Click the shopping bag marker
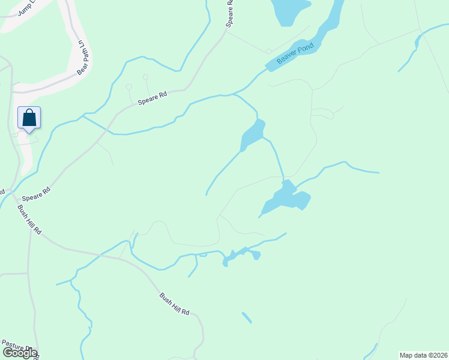coord(29,118)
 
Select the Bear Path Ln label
coord(83,58)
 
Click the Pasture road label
coord(16,347)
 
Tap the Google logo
coord(19,353)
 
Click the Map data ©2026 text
coord(423,355)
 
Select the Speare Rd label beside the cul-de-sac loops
coord(152,98)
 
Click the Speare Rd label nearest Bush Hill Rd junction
coord(36,193)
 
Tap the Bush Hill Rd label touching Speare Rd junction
coord(29,220)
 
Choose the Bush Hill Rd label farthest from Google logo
coord(174,304)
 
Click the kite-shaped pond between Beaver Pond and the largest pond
coord(253,134)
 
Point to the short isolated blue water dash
coord(247,317)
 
